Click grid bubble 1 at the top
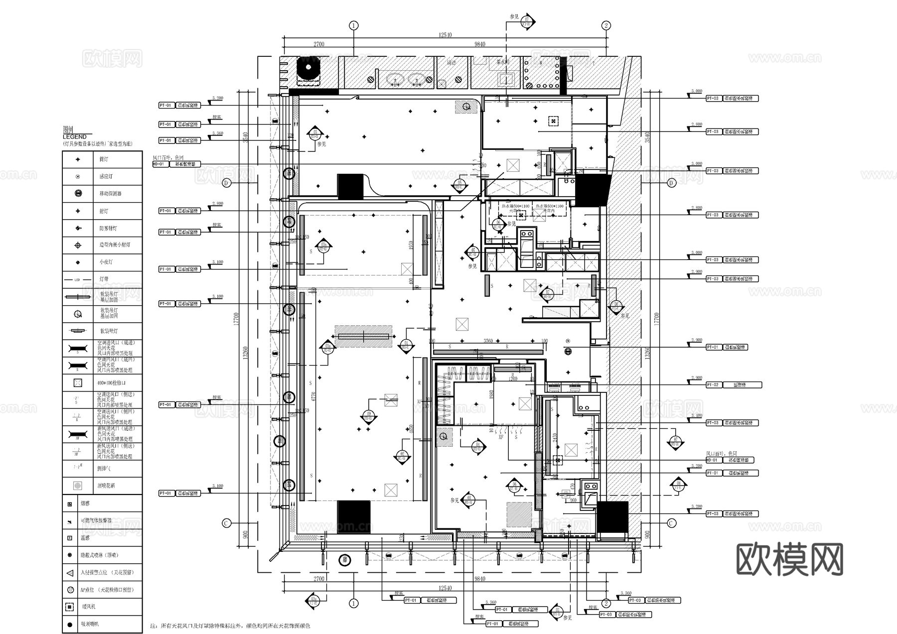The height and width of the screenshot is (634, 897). coord(354,25)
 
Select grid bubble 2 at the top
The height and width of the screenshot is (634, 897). coord(606,25)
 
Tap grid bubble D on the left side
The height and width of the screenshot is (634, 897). coord(227,183)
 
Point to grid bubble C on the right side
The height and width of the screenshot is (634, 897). coord(671,523)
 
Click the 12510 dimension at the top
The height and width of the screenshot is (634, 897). coord(445,35)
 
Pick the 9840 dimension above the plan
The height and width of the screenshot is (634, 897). coord(479,44)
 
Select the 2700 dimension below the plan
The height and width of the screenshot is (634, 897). coord(319,579)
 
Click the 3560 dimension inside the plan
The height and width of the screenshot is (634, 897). coord(488,341)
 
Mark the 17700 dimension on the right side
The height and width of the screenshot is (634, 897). coord(656,319)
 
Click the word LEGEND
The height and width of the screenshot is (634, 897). coord(75,136)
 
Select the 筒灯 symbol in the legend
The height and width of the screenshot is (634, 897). coord(78,159)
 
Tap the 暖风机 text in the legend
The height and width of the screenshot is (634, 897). coord(88,607)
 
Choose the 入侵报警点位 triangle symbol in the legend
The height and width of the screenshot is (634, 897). coord(70,573)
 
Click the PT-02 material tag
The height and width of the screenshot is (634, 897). coord(713,385)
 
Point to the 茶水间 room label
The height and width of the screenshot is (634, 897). coord(503,63)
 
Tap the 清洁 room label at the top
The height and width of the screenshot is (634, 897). coord(451,63)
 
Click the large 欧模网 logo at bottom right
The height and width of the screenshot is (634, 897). coord(789,560)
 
